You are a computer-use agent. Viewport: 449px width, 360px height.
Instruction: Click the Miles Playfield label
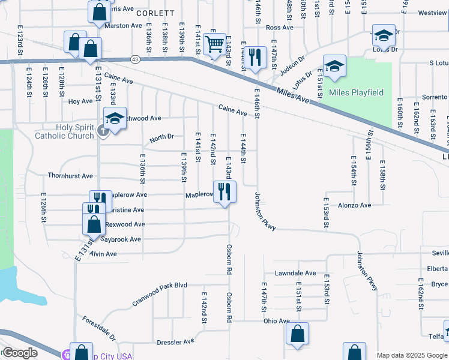[x=356, y=92]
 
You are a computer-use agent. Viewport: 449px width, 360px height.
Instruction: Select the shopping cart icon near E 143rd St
[x=214, y=44]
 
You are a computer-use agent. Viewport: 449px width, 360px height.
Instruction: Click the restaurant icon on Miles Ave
[x=256, y=58]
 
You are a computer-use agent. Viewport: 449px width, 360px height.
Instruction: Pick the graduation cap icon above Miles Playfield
[x=335, y=65]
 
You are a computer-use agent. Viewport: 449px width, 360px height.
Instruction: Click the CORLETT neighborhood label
[x=155, y=13]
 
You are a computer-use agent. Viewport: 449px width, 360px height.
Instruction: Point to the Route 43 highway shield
[x=134, y=59]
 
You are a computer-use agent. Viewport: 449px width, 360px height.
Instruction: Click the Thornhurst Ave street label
[x=70, y=176]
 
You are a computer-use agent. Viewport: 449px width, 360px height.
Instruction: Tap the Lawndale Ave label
[x=295, y=273]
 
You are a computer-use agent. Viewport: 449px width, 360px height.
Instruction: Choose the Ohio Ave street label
[x=277, y=321]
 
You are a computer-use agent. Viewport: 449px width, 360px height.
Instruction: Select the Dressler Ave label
[x=175, y=341]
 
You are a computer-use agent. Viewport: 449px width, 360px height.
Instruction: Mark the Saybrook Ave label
[x=120, y=239]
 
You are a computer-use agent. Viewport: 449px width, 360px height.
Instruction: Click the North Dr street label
[x=161, y=137]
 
